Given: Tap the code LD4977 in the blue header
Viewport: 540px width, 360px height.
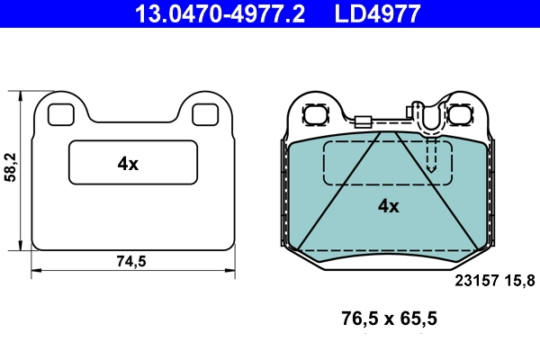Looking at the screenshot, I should (x=378, y=13).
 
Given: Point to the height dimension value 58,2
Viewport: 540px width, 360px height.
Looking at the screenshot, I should (x=11, y=168).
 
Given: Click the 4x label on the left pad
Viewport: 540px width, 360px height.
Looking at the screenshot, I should (x=128, y=164).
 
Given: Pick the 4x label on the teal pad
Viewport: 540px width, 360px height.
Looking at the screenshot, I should (x=388, y=205).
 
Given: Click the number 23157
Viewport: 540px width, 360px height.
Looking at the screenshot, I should (x=476, y=281).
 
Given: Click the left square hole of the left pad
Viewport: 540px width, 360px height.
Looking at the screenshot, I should (x=59, y=114).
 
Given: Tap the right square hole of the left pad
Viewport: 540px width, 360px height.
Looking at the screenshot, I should (x=204, y=114).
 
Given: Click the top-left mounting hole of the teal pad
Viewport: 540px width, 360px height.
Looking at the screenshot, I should (x=317, y=115).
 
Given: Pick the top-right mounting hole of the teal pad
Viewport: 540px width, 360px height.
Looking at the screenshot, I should (x=462, y=115).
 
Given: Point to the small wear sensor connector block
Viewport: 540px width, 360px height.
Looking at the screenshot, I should (x=363, y=125).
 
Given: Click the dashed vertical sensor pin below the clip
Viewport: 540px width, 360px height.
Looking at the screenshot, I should (x=432, y=155).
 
